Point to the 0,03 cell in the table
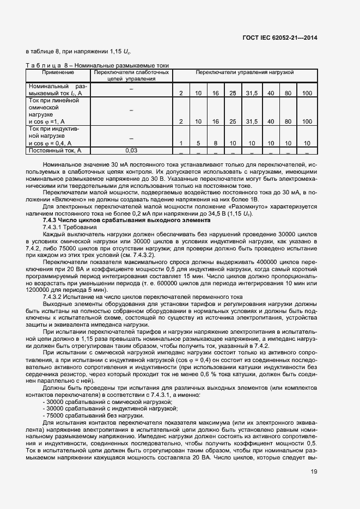[x=131, y=150]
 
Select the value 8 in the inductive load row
[x=216, y=143]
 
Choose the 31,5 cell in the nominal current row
[x=251, y=94]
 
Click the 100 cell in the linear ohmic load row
[x=307, y=121]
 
